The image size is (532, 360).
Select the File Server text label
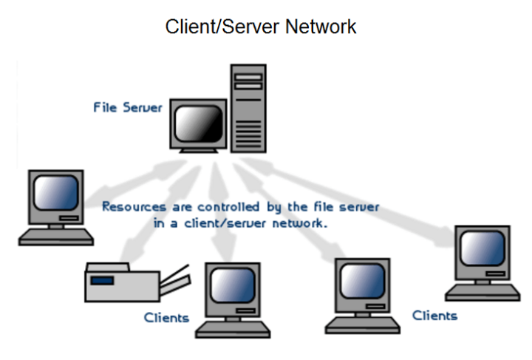127,107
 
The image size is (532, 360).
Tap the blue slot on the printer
103,279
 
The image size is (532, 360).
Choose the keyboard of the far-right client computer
483,291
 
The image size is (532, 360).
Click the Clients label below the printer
167,318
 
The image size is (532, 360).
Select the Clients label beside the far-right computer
434,316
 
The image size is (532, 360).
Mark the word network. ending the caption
301,222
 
